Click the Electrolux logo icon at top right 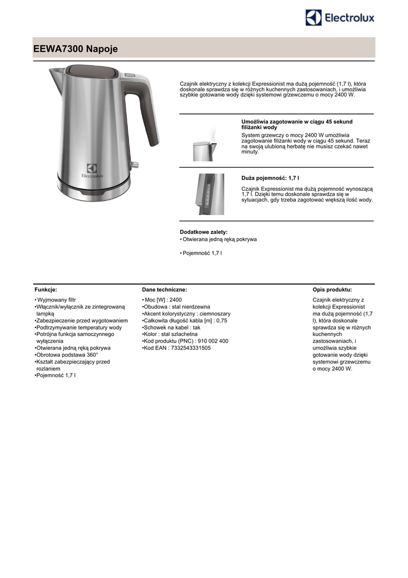click(x=313, y=17)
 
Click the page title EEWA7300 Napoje click(x=76, y=50)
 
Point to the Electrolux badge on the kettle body click(x=92, y=170)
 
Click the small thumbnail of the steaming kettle click(x=203, y=146)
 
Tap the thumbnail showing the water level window click(x=210, y=194)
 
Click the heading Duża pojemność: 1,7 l click(x=270, y=177)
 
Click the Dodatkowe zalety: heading click(x=203, y=232)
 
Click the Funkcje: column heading click(x=46, y=289)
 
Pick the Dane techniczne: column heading click(x=165, y=289)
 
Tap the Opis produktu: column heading click(x=332, y=289)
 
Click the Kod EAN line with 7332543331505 click(x=177, y=348)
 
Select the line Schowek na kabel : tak click(x=172, y=327)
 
